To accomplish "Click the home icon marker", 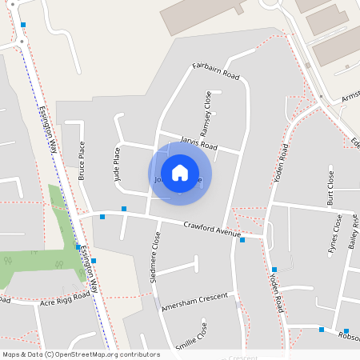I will pos(180,173).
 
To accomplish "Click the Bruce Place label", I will pos(82,160).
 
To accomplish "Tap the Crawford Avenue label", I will pos(212,228).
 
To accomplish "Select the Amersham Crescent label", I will pos(194,302).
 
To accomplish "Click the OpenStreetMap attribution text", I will pos(80,354).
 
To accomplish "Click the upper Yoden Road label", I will pos(281,163).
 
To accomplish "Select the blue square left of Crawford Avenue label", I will pos(124,210).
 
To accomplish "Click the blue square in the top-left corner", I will pos(23,26).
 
